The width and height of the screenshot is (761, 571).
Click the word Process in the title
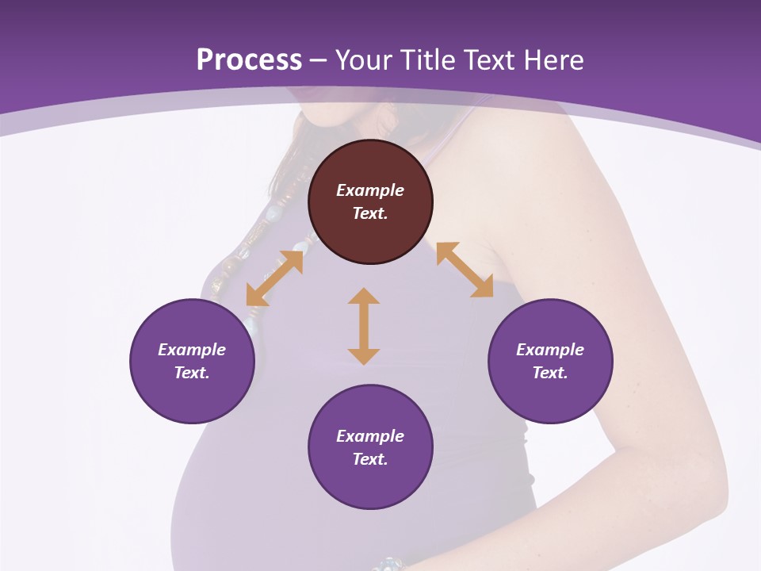click(249, 60)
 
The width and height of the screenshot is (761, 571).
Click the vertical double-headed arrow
click(364, 326)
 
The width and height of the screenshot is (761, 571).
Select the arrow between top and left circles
click(275, 278)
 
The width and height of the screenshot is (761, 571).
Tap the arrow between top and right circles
click(465, 270)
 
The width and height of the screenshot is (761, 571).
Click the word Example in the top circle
click(370, 190)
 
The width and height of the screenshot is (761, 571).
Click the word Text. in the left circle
click(192, 373)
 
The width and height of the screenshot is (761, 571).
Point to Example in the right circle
click(550, 350)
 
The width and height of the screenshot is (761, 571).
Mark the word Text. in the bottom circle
click(370, 459)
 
